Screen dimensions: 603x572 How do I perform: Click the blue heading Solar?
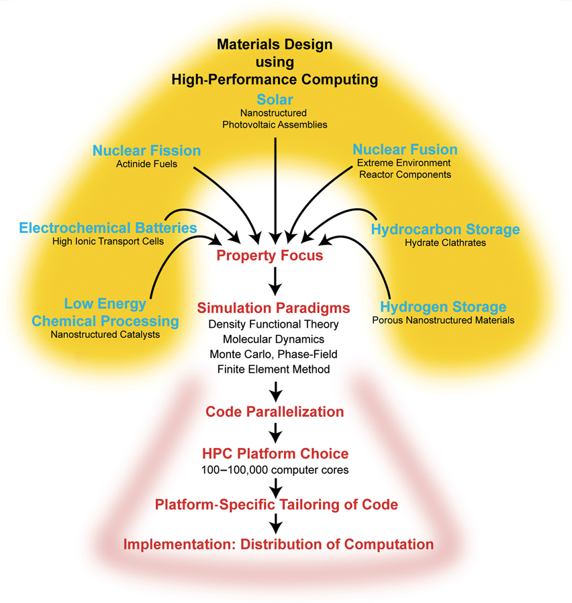tap(275, 100)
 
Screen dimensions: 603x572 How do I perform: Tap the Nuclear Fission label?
tap(146, 150)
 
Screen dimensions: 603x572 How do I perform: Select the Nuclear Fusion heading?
tap(405, 149)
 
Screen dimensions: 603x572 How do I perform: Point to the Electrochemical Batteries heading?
tap(108, 228)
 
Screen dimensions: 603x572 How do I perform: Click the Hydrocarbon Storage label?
tap(445, 230)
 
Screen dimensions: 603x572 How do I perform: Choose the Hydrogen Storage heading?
tap(443, 307)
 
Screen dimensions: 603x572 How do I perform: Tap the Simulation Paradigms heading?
tap(273, 308)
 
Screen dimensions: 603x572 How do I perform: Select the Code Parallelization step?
tap(275, 412)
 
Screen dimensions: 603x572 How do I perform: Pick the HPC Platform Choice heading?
tap(275, 454)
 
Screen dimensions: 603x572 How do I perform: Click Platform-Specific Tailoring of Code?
tap(275, 504)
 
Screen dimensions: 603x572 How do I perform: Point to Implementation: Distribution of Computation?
tap(278, 543)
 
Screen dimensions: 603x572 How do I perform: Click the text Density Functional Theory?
tap(273, 325)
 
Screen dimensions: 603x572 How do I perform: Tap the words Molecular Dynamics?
tap(273, 340)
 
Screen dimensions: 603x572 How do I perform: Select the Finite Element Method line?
tap(273, 369)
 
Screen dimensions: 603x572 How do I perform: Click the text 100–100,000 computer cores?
tap(275, 470)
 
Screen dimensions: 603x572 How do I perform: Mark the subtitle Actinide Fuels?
tap(146, 164)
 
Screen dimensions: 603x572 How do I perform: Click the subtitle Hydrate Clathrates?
tap(445, 243)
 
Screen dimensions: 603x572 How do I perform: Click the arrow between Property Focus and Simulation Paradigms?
tap(274, 279)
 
